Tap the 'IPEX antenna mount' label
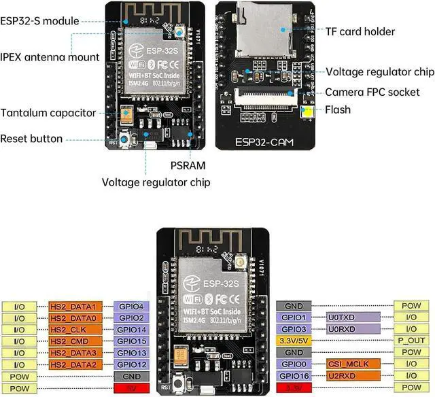tap(50, 57)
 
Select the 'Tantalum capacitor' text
tap(48, 113)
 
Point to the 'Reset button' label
tap(31, 139)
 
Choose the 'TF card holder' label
tap(360, 31)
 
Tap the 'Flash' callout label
tap(338, 109)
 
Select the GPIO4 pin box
tap(132, 306)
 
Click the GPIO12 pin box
tap(132, 364)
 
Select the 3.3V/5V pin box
tap(294, 341)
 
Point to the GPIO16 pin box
tap(294, 375)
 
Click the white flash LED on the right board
tap(307, 112)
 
